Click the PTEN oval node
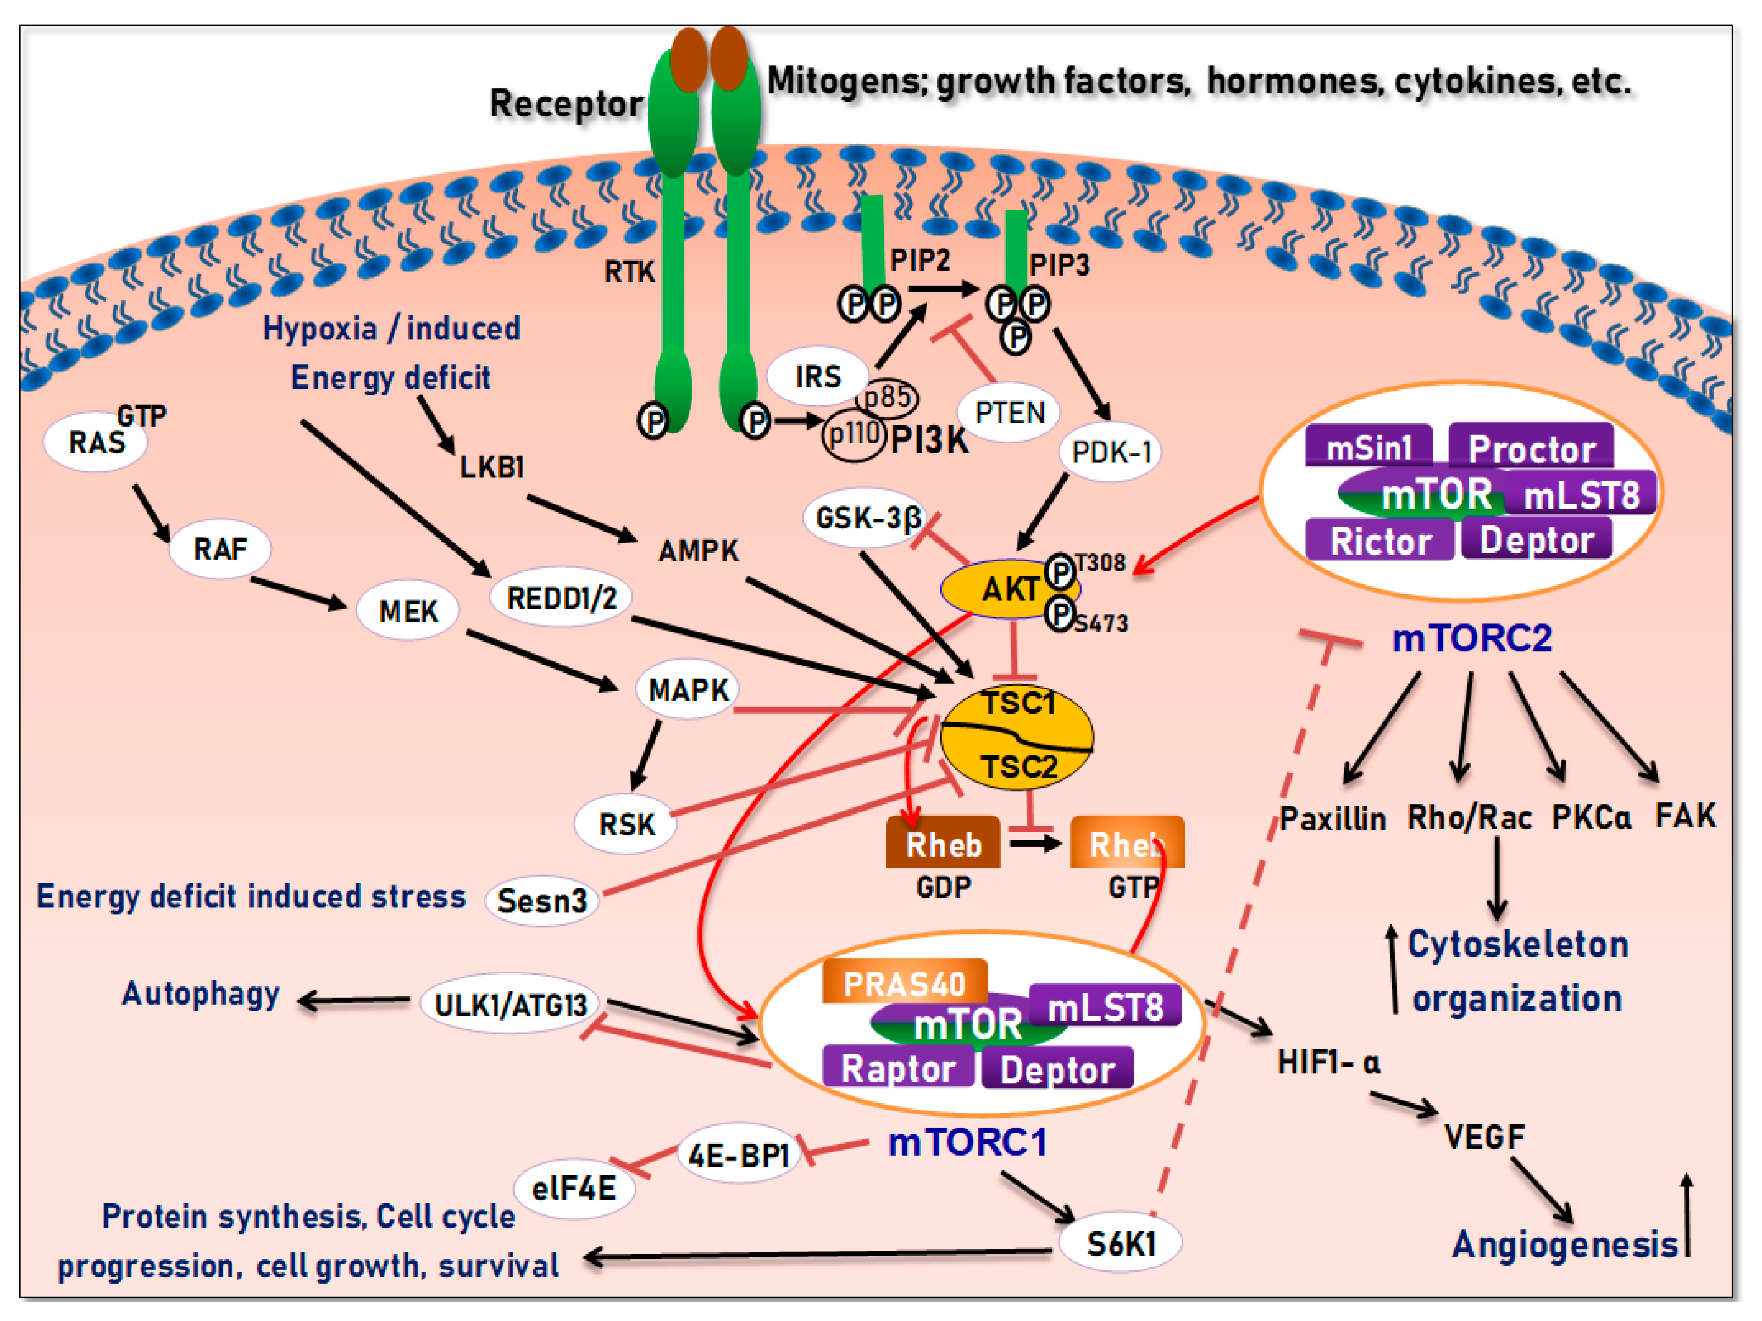pyautogui.click(x=1009, y=413)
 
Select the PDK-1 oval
pyautogui.click(x=1110, y=452)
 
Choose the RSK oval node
pyautogui.click(x=626, y=824)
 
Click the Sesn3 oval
pyautogui.click(x=542, y=901)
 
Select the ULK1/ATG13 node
pyautogui.click(x=510, y=1005)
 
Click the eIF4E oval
pyautogui.click(x=574, y=1189)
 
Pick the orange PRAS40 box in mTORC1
pyautogui.click(x=904, y=983)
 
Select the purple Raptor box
pyautogui.click(x=897, y=1068)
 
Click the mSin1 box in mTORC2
pyautogui.click(x=1368, y=448)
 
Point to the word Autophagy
pyautogui.click(x=201, y=994)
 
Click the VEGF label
pyautogui.click(x=1484, y=1137)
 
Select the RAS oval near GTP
pyautogui.click(x=96, y=443)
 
